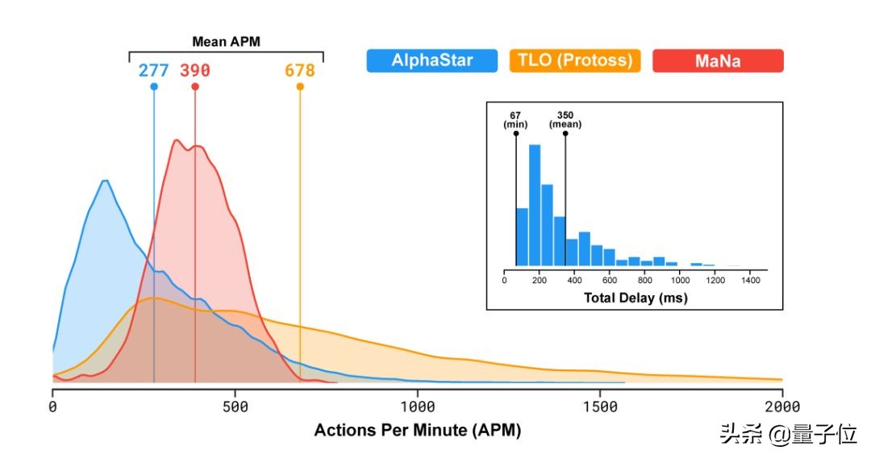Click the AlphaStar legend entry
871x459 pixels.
431,61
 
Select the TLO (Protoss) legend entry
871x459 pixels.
575,61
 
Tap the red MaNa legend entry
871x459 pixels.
716,61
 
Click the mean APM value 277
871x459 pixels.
153,70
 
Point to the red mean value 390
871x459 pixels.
195,70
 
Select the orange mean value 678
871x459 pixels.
299,70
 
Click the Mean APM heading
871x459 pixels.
225,41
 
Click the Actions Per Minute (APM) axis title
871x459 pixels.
418,431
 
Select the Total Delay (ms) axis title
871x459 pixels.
636,298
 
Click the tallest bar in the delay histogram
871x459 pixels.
535,206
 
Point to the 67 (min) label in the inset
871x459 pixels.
515,119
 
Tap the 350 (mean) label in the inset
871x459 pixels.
565,119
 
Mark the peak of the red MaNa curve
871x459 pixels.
177,141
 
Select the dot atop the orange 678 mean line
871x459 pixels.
300,87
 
